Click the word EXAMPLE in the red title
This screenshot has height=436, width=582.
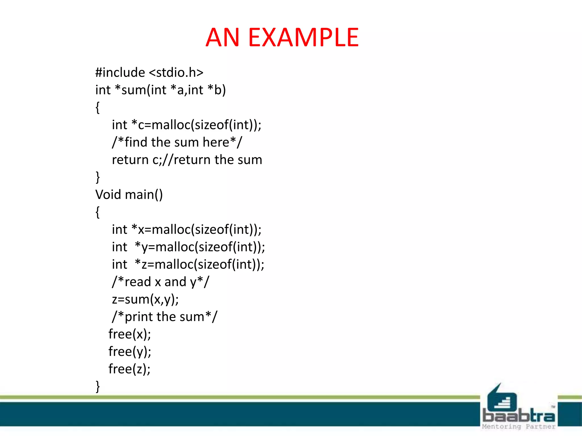click(303, 37)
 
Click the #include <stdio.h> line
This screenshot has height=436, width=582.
click(149, 72)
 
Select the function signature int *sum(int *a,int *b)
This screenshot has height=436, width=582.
click(161, 90)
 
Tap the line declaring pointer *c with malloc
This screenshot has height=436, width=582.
click(186, 125)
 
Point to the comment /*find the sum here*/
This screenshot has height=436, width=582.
click(177, 142)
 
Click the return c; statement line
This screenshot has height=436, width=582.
click(187, 160)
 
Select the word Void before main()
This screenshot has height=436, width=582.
click(108, 195)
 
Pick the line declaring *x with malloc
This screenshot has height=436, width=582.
click(186, 230)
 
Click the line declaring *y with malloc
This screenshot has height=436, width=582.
click(188, 247)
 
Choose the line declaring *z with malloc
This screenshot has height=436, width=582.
click(188, 265)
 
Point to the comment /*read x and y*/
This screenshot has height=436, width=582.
click(161, 282)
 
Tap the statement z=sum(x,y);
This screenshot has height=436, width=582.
click(145, 299)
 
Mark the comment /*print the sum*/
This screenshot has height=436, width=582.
click(165, 317)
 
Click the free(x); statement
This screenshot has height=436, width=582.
click(130, 334)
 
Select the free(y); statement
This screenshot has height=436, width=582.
click(130, 352)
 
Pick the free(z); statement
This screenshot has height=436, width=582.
click(129, 369)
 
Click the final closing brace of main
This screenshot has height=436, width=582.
click(98, 387)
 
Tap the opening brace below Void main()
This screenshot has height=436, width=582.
click(98, 212)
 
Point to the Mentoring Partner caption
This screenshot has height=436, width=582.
click(519, 427)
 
